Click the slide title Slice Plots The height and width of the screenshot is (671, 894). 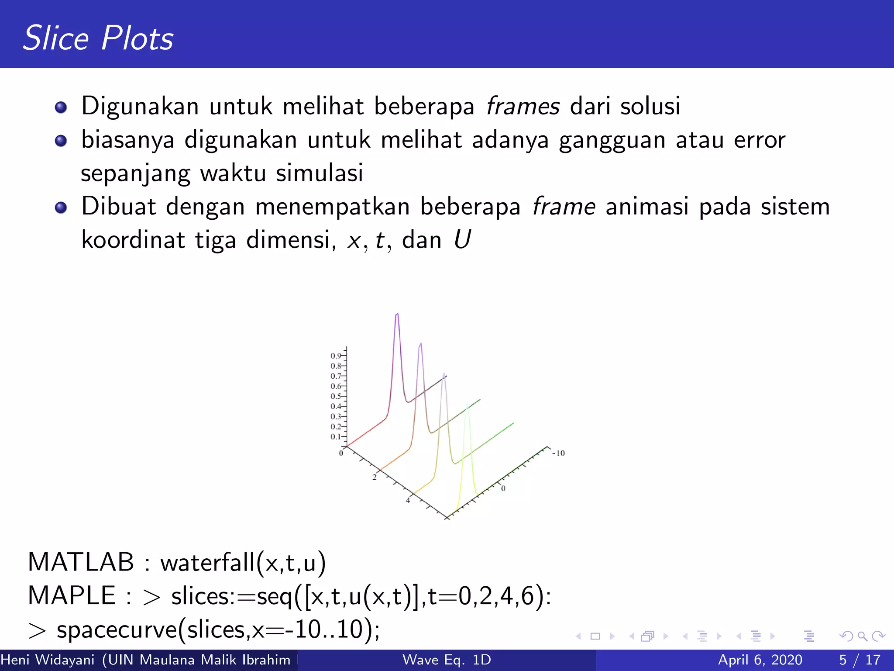coord(98,38)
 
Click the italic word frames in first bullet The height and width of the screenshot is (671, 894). coord(523,106)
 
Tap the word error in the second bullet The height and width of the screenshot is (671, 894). coord(760,140)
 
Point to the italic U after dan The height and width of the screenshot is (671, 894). coord(462,240)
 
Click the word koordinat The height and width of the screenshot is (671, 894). coord(133,240)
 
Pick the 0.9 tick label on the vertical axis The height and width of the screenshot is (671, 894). coord(335,356)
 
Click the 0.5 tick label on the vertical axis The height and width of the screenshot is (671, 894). coord(335,396)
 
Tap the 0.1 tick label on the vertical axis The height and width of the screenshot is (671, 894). coord(335,436)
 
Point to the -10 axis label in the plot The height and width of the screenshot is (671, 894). coord(558,453)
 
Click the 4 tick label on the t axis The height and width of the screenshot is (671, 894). coord(408,501)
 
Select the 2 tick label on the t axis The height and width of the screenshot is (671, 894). coord(374,477)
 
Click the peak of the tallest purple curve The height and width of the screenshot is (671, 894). coord(397,314)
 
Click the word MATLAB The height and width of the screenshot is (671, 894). coord(81,562)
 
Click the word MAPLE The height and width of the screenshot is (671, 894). coord(72,595)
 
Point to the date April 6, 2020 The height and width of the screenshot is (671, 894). coord(760,660)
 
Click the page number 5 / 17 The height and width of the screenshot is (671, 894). coord(860,660)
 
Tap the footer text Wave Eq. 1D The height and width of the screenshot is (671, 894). coord(447,660)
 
